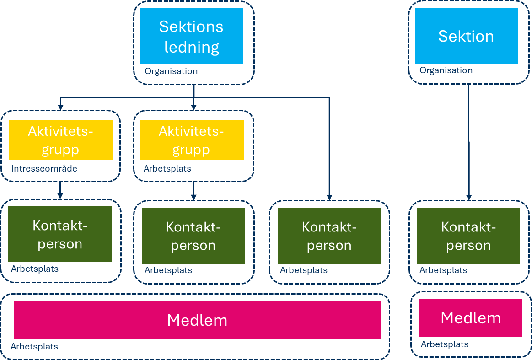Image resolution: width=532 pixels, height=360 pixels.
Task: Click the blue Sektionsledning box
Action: (x=191, y=37)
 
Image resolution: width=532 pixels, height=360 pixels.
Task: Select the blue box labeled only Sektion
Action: (x=466, y=36)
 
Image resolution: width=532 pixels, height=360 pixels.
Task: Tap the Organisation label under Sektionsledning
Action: (x=171, y=71)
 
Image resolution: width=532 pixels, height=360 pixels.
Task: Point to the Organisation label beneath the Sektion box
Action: (x=446, y=70)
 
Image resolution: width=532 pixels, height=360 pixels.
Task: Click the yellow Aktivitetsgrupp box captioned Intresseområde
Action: (x=60, y=140)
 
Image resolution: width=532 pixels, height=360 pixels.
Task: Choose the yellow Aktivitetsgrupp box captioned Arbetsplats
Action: (x=191, y=140)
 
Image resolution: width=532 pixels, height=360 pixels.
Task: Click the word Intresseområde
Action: (x=44, y=169)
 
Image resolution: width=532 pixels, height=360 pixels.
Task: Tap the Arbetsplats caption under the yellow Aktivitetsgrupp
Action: (x=167, y=169)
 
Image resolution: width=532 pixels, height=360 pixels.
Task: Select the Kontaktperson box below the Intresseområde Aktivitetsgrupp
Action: (x=60, y=234)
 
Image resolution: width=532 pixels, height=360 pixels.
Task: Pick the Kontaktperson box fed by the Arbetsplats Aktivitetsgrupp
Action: (x=193, y=236)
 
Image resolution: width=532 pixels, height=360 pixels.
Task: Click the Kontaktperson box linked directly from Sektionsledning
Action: (x=329, y=236)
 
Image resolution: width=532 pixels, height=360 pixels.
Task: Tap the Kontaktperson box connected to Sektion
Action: (x=468, y=236)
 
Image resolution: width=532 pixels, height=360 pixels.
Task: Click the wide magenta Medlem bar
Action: (x=197, y=320)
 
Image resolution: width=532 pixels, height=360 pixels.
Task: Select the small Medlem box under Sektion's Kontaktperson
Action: (x=470, y=317)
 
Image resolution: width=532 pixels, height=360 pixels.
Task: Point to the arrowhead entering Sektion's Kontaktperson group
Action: (x=468, y=197)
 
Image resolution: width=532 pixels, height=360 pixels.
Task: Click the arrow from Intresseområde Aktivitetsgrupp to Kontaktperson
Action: (x=60, y=190)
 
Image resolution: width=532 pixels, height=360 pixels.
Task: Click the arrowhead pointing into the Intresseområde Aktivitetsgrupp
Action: (x=60, y=107)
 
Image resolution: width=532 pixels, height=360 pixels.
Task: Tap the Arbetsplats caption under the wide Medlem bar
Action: (x=34, y=347)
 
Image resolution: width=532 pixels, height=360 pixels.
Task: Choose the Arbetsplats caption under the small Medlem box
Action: (x=445, y=344)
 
